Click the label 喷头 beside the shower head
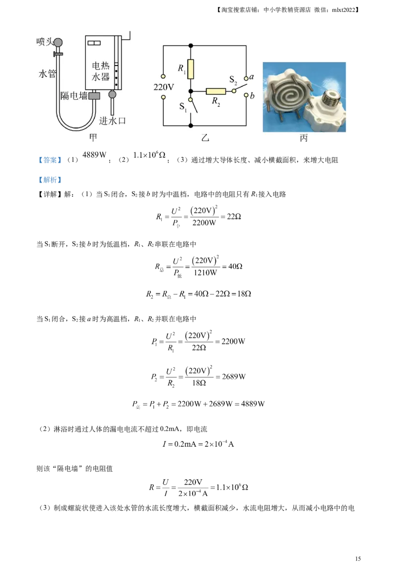pyautogui.click(x=44, y=42)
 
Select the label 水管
pyautogui.click(x=47, y=74)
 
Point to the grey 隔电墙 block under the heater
pyautogui.click(x=94, y=95)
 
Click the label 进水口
pyautogui.click(x=111, y=121)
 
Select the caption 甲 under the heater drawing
pyautogui.click(x=93, y=137)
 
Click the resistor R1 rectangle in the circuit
pyautogui.click(x=191, y=69)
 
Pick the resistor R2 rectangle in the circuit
pyautogui.click(x=216, y=91)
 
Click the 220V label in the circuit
pyautogui.click(x=163, y=87)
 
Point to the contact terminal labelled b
pyautogui.click(x=247, y=96)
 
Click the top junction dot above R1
pyautogui.click(x=191, y=46)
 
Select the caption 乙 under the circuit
pyautogui.click(x=205, y=138)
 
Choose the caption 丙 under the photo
pyautogui.click(x=304, y=138)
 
